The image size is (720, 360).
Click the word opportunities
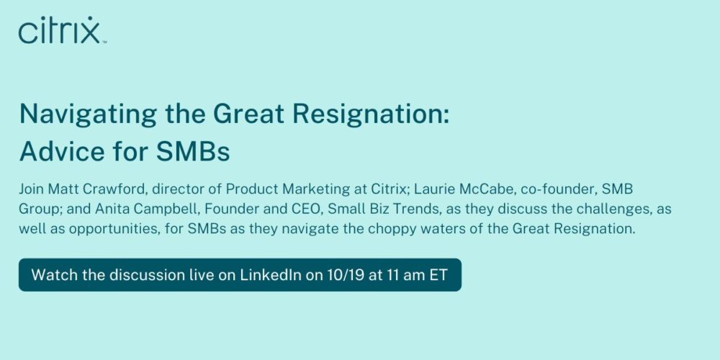point(112,229)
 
